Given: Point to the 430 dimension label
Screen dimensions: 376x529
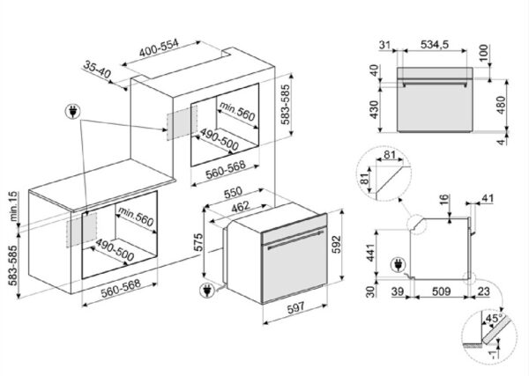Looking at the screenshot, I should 373,109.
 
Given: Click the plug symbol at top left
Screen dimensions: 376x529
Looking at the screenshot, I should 71,113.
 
